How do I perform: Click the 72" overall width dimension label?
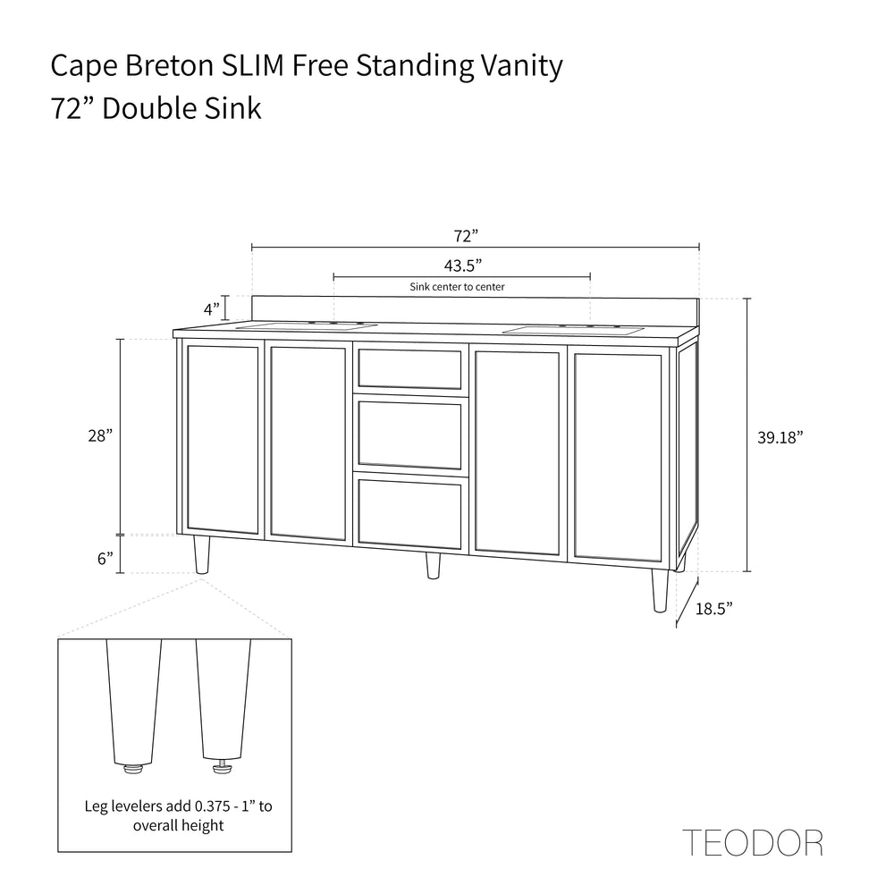[x=466, y=236]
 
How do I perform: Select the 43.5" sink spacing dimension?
[x=462, y=266]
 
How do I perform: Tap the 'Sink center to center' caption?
[x=457, y=287]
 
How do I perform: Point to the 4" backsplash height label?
[x=212, y=309]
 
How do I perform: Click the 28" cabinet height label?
[x=100, y=436]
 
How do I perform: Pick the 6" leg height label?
[x=105, y=559]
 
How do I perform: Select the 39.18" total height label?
[x=780, y=437]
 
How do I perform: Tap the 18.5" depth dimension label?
[x=714, y=608]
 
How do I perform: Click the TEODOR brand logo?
[x=752, y=842]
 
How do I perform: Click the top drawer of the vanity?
[x=409, y=368]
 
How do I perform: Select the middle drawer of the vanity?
[x=409, y=433]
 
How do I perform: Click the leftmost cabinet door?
[x=223, y=439]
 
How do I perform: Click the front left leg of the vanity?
[x=202, y=554]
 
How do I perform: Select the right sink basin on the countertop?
[x=574, y=330]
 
